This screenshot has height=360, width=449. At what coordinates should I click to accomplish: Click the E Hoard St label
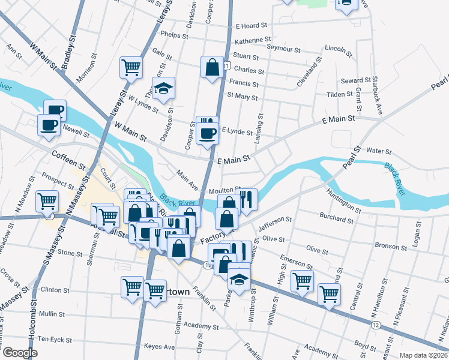point(251,26)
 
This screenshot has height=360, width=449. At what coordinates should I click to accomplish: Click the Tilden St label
point(340,94)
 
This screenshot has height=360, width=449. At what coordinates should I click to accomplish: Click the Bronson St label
point(391,246)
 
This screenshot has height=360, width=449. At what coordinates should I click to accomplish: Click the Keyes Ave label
point(158,347)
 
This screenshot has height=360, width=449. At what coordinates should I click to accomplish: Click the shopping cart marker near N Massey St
point(47,202)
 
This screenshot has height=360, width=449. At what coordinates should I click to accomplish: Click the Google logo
point(19,353)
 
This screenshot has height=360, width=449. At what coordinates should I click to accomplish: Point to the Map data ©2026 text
point(423,355)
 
